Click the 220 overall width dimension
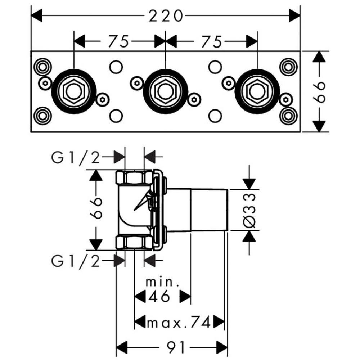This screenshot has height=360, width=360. pos(165,15)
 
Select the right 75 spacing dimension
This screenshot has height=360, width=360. pos(212,41)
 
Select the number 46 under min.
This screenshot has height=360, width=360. pos(158,297)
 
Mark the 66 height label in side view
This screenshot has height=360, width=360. pos(96,209)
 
